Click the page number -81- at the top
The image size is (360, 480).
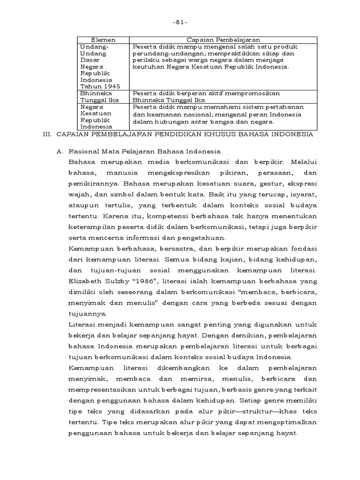[180, 22]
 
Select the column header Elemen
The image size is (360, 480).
[103, 40]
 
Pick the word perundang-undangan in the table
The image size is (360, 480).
[161, 53]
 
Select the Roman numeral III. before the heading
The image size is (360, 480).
[47, 134]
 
